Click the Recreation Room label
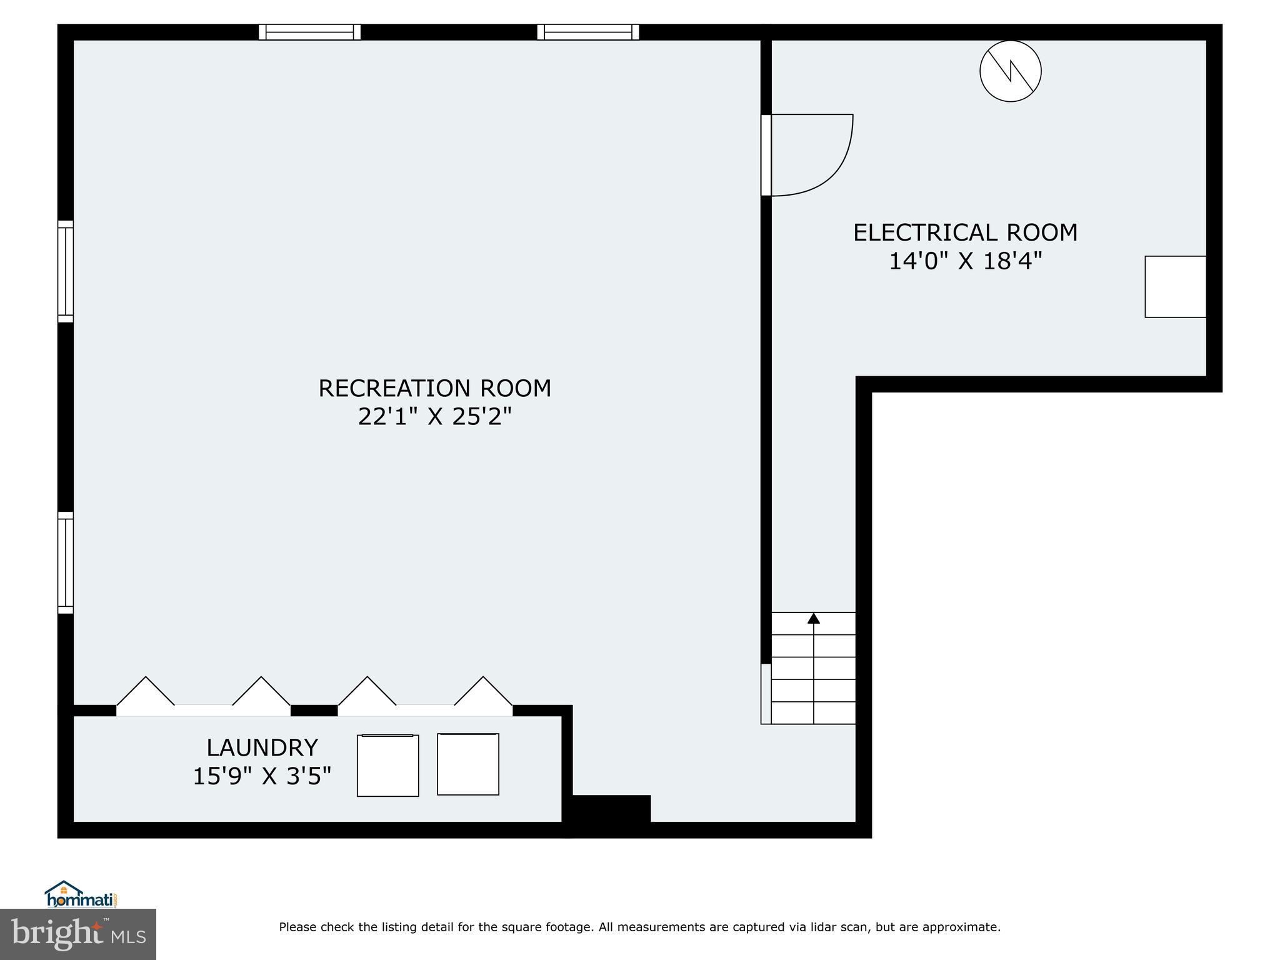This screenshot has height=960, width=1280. click(x=435, y=388)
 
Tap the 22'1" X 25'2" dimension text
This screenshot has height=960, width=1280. click(x=435, y=416)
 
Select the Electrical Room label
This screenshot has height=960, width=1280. click(x=965, y=232)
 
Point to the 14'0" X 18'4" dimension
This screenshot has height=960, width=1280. click(x=965, y=261)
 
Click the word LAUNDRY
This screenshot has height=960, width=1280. click(x=262, y=747)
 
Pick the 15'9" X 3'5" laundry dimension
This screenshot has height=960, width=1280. click(x=262, y=776)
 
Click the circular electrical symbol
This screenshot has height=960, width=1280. click(x=1010, y=71)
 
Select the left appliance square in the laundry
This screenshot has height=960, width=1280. click(x=387, y=765)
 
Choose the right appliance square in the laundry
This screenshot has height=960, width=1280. click(x=467, y=764)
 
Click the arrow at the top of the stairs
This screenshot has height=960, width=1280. click(x=813, y=619)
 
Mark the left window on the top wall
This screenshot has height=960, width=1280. click(x=309, y=32)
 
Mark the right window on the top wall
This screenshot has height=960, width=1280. click(x=587, y=32)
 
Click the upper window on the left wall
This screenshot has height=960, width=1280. click(x=66, y=271)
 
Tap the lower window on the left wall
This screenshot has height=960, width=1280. click(x=66, y=562)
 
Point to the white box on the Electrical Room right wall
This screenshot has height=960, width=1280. click(x=1175, y=287)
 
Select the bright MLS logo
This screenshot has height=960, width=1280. click(x=78, y=934)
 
